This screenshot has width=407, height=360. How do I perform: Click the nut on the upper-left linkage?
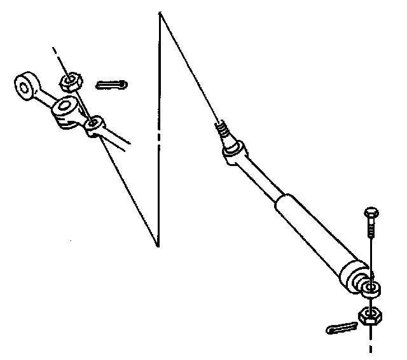[70, 81]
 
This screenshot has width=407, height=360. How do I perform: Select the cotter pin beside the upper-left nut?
[113, 85]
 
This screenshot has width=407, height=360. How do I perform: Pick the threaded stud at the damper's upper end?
[223, 132]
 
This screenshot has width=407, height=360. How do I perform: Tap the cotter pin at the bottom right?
[341, 328]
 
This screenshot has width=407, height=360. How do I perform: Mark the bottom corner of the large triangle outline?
[158, 245]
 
